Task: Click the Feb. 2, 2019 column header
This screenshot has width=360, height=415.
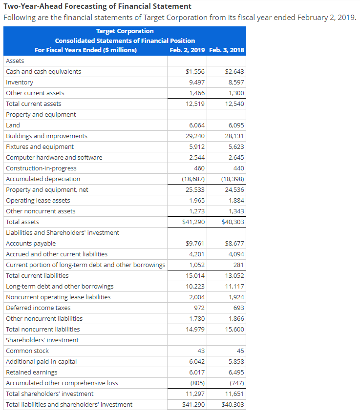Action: point(187,50)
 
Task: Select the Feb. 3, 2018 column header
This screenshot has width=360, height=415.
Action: point(226,50)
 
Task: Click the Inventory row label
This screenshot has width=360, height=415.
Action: point(20,83)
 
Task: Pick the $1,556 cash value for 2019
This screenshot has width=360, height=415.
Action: point(195,72)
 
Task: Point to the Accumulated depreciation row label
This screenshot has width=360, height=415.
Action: point(43,179)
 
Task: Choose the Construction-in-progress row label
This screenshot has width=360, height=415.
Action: point(41,168)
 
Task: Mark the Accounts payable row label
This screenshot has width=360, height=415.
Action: point(31,244)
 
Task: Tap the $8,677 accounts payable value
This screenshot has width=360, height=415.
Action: point(234,244)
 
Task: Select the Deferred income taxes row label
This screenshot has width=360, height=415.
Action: point(38,308)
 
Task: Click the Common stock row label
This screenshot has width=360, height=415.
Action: point(27,351)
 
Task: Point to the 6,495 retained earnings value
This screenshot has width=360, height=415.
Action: point(236,373)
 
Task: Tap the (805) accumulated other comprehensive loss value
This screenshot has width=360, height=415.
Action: point(198,383)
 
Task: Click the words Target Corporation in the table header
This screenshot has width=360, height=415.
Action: point(125,31)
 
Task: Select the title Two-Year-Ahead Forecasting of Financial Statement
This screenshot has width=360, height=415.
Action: point(97,6)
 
